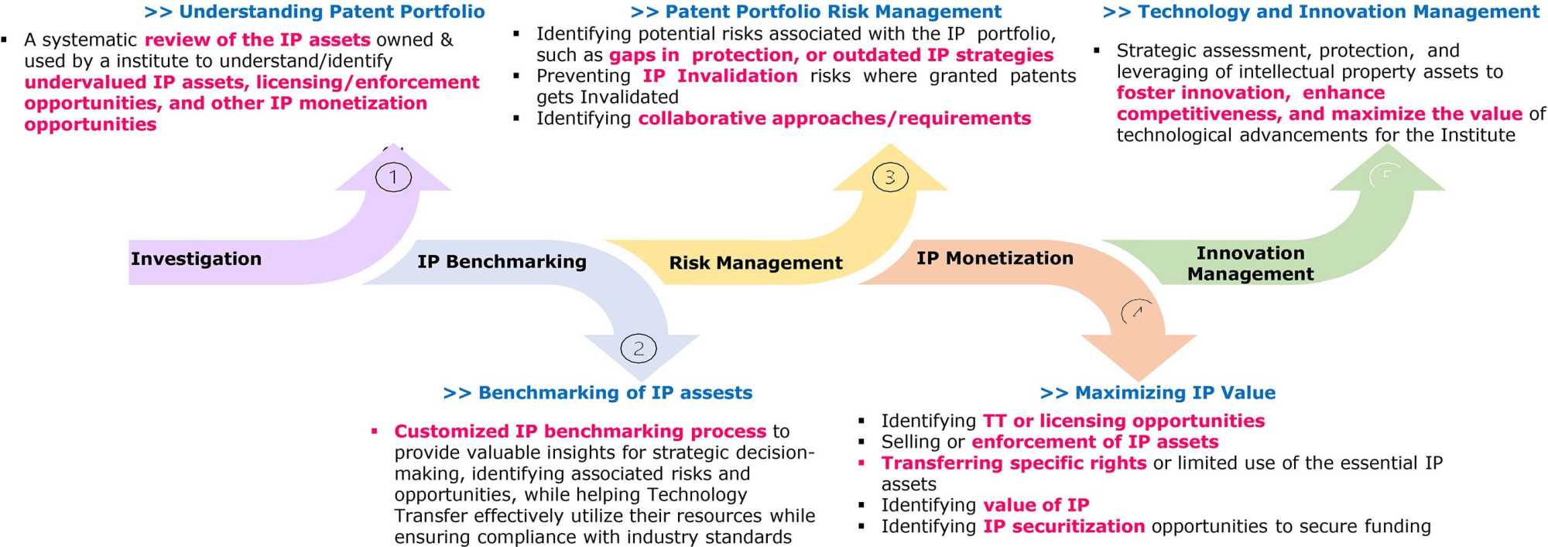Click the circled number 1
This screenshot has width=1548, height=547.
pos(393,177)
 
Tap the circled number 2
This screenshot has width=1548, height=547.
pos(639,349)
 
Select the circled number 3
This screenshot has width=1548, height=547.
pos(890,177)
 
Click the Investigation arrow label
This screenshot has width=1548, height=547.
pos(196,259)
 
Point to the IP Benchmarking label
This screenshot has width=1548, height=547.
pos(502,262)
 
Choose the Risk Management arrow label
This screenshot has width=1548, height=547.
pos(755,263)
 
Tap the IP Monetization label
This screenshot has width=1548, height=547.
pos(995,258)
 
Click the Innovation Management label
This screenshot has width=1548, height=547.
pos(1250,263)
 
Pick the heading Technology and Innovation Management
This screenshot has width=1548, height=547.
pos(1320,12)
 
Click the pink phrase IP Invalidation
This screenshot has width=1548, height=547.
pos(720,76)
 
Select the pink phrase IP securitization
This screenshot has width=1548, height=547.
pos(1063,527)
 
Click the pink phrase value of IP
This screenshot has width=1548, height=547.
pos(1036,505)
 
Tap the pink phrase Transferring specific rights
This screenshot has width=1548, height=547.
pos(1014,463)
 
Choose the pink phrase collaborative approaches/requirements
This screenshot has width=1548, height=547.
pos(834,119)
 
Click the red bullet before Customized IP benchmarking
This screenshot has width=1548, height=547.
pos(374,431)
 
